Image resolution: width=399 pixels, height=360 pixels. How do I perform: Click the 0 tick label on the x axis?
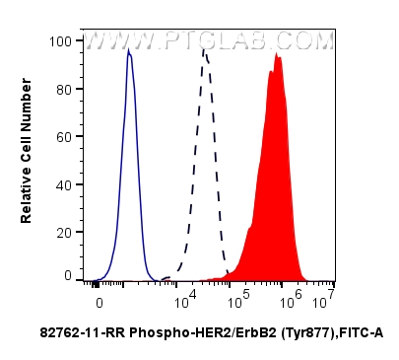tap(99, 294)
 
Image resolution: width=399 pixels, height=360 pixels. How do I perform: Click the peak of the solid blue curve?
tap(128, 51)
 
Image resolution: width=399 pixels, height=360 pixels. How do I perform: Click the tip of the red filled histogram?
tap(279, 55)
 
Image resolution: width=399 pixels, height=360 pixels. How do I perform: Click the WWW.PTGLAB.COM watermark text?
tap(210, 41)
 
